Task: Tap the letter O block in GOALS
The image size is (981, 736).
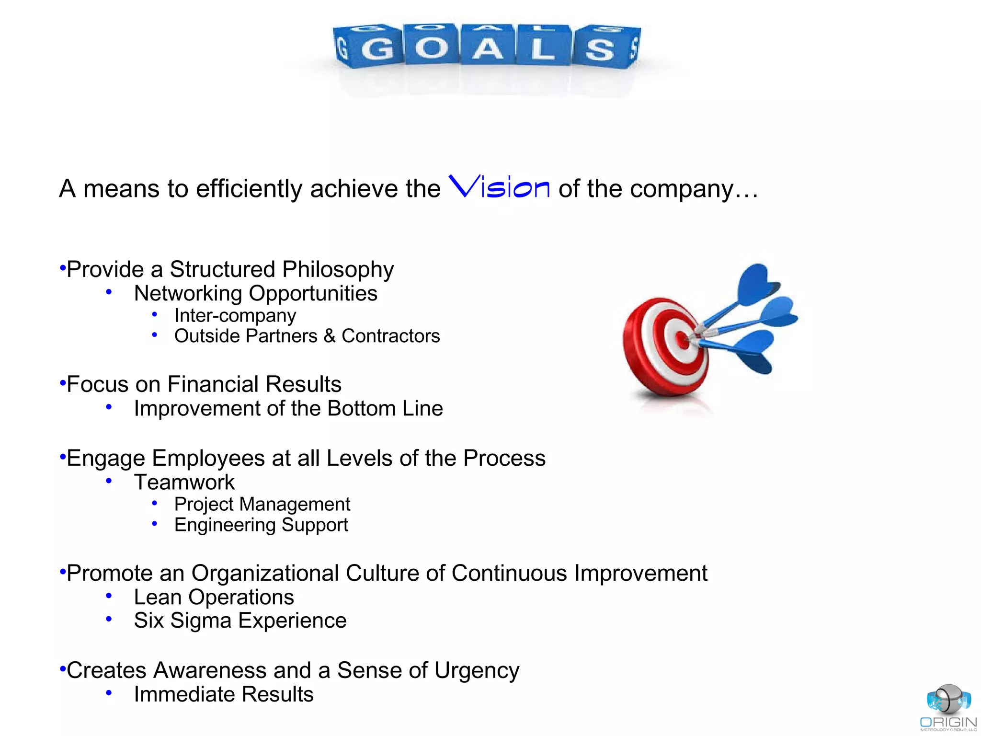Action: (432, 47)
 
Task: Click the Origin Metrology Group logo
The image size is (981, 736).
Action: (948, 707)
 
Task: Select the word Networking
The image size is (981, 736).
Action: (188, 293)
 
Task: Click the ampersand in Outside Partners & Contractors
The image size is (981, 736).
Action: (329, 336)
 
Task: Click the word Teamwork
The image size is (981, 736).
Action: (184, 482)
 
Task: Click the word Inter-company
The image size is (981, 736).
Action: (235, 315)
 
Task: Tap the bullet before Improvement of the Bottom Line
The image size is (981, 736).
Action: (109, 407)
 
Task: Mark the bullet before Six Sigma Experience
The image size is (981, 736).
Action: (109, 620)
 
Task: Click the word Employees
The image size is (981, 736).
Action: (208, 459)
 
